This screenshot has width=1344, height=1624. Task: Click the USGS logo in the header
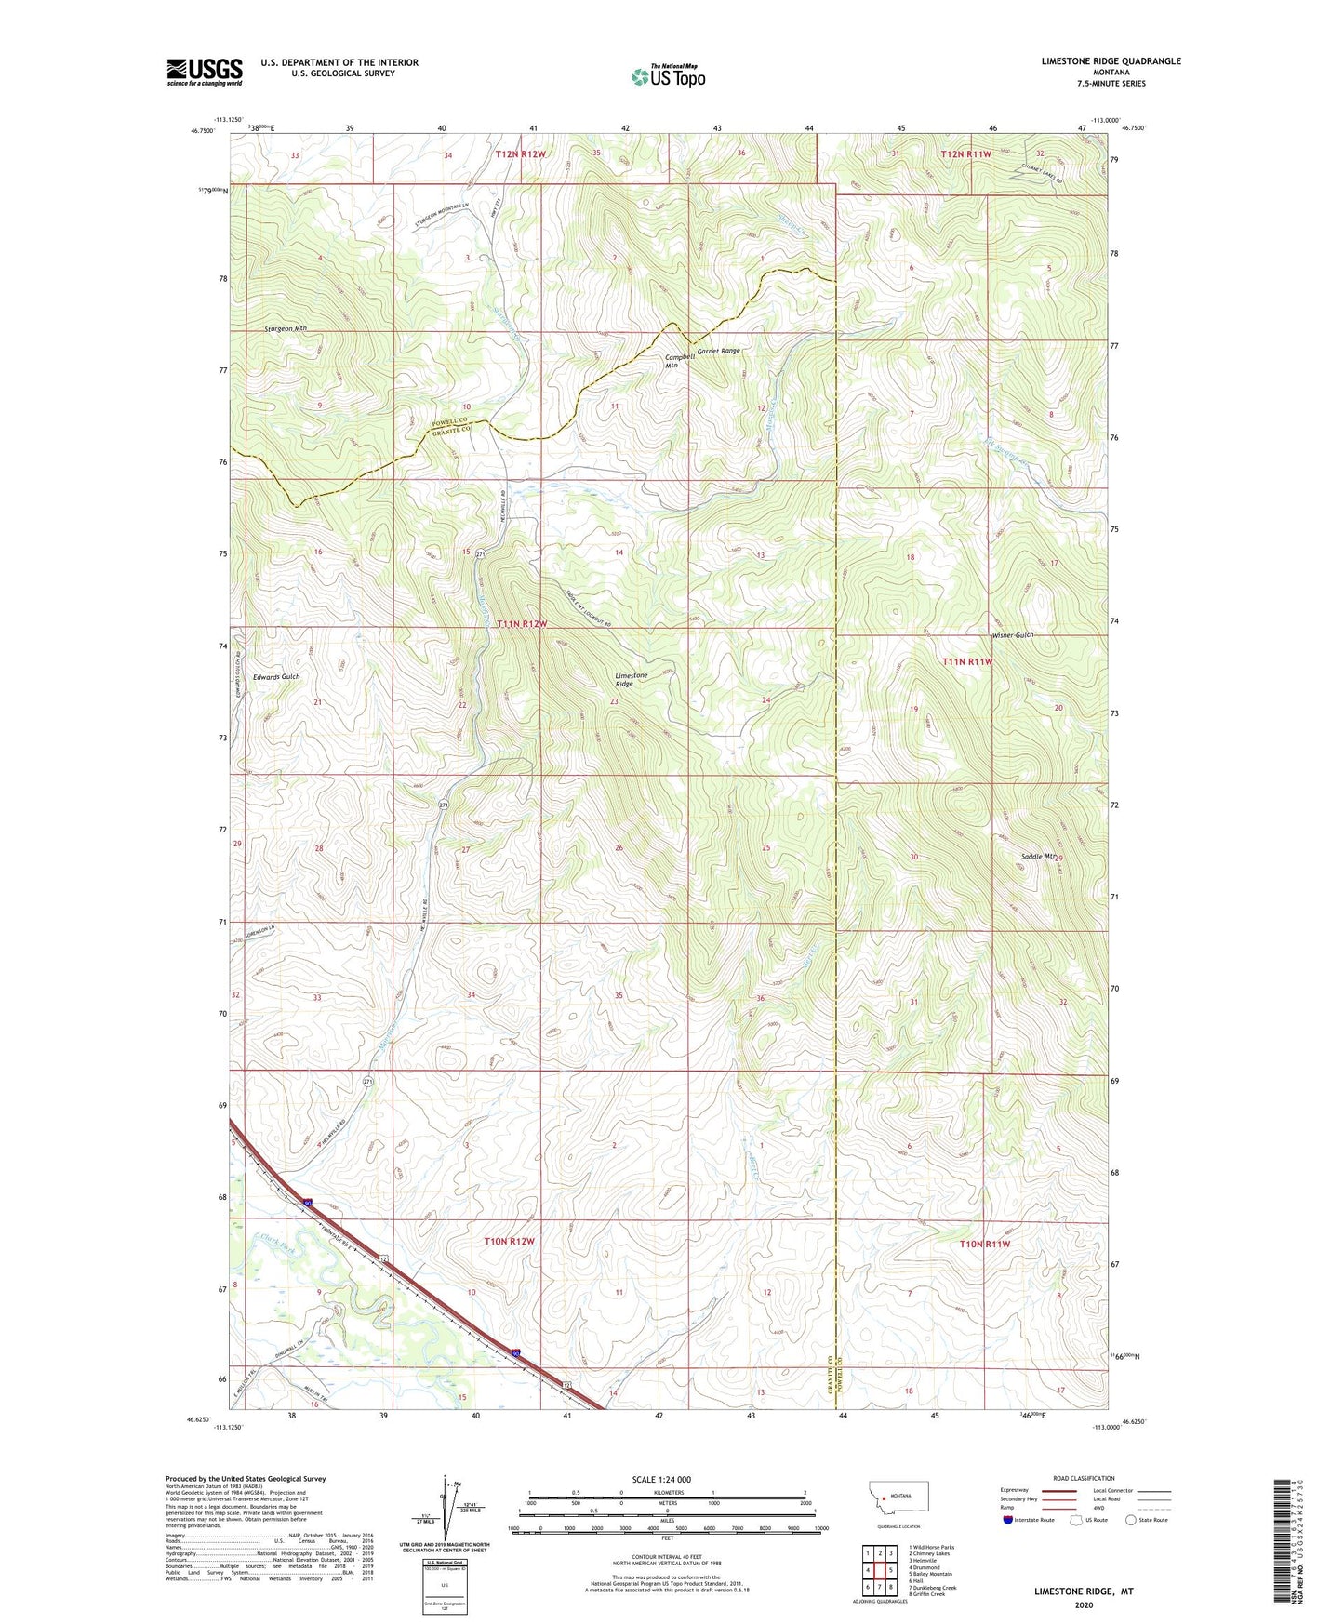tap(205, 72)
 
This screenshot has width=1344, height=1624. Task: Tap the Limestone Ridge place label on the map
tap(631, 679)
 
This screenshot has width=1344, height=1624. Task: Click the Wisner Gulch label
tap(1012, 635)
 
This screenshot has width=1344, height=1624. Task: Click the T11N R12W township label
tap(521, 624)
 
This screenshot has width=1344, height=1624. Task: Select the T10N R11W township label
tap(983, 1244)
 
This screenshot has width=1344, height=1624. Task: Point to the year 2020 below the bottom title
tap(1084, 1604)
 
